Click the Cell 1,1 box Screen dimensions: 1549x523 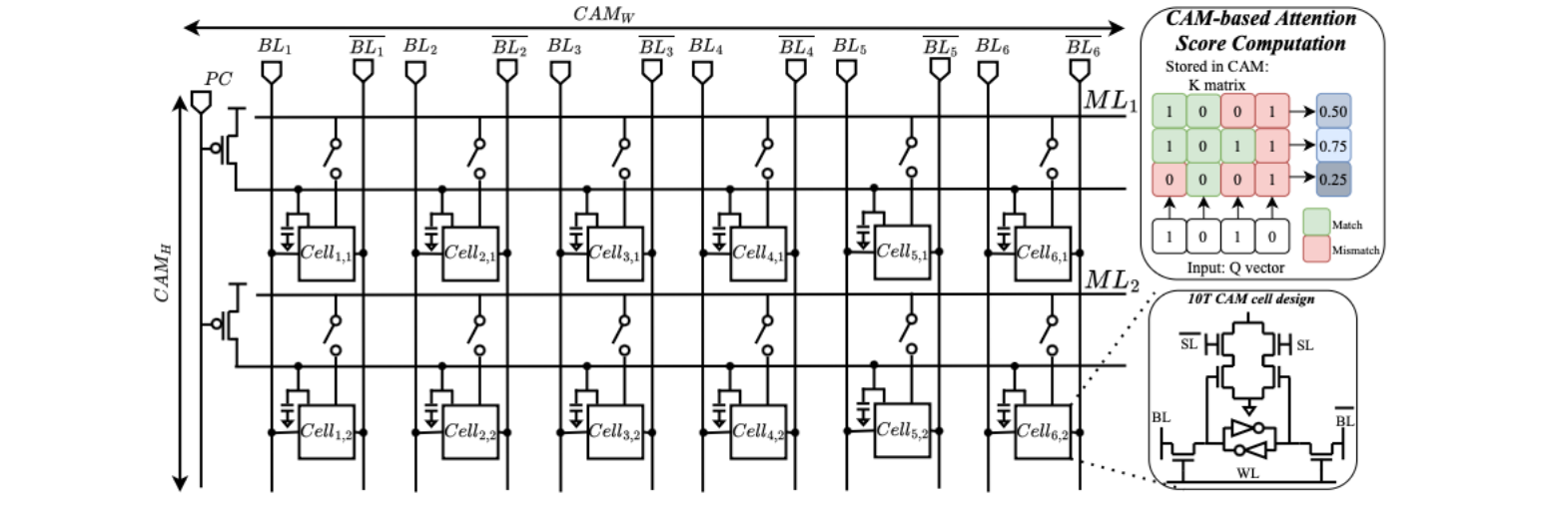point(327,254)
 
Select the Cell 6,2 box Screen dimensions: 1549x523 point(1043,432)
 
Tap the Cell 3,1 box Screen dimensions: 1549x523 point(615,254)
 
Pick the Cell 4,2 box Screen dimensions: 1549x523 point(759,432)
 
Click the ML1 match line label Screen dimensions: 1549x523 point(1111,101)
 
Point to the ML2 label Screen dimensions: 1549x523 point(1112,280)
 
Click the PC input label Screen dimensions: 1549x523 point(218,79)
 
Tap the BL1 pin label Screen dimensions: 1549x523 point(276,46)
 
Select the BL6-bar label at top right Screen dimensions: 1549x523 point(1083,46)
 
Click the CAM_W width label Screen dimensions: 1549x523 point(603,14)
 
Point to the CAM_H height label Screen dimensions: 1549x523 point(162,274)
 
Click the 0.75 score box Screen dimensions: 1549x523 point(1333,145)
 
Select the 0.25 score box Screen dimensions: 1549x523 point(1333,179)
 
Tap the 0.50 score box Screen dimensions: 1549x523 point(1333,111)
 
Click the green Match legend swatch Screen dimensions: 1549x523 point(1316,223)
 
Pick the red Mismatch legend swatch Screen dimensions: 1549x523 point(1316,250)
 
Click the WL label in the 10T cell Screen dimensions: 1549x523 point(1247,473)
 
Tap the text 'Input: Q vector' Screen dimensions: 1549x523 point(1235,268)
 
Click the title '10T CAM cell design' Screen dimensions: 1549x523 point(1251,299)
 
